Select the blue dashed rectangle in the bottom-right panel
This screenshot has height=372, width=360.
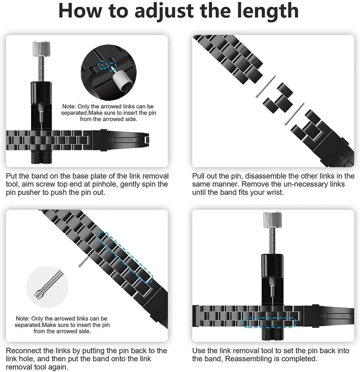click(x=269, y=323)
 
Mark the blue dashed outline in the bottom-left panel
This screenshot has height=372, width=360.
click(x=125, y=256)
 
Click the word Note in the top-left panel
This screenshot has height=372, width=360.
click(x=69, y=106)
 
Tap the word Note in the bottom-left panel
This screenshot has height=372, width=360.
click(x=23, y=319)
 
